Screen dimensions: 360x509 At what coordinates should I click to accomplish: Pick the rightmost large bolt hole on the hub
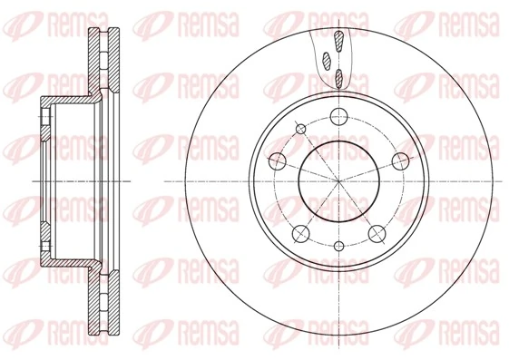(x=399, y=161)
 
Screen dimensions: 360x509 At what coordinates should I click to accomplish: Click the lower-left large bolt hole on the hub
(x=299, y=233)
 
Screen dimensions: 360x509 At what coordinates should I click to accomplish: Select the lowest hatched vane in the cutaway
(x=340, y=77)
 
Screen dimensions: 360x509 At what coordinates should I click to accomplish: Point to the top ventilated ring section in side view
(x=104, y=60)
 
